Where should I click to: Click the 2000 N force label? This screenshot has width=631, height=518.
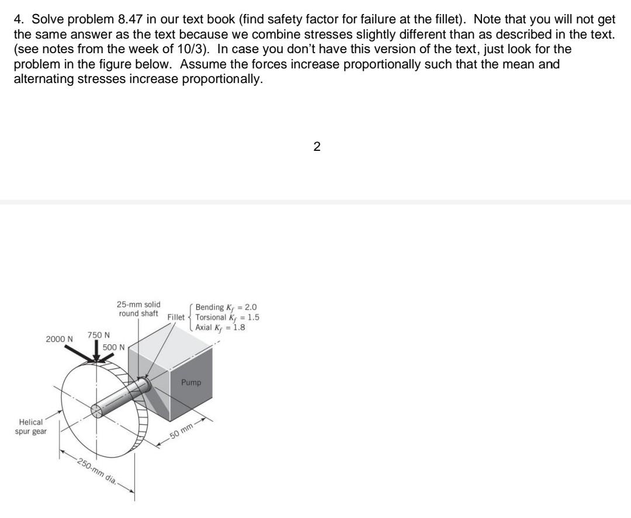[60, 339]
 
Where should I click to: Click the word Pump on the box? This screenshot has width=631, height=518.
[190, 382]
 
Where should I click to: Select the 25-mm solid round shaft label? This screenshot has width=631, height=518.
[138, 309]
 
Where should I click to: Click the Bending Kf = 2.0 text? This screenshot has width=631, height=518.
[226, 308]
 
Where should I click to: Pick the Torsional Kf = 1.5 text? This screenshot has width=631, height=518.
[227, 317]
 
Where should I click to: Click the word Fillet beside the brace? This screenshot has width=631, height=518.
[175, 317]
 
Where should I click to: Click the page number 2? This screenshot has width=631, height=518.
[317, 147]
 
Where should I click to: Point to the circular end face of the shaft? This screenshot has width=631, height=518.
[97, 410]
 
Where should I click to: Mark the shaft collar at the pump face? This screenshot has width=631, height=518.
[145, 384]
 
